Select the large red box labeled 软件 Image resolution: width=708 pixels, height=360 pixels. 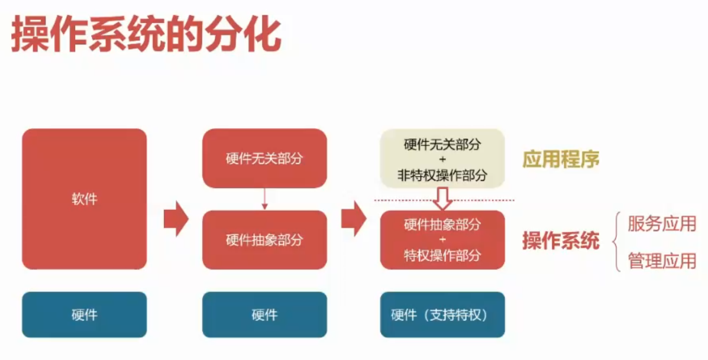pos(84,199)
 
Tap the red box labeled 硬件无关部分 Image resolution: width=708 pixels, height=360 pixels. pos(264,158)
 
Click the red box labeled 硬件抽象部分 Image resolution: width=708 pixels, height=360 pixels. pos(264,240)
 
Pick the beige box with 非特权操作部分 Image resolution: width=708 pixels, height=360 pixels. pos(442,158)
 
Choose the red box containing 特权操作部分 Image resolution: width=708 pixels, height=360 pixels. pos(442,240)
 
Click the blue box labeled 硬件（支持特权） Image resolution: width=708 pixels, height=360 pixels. pos(442,314)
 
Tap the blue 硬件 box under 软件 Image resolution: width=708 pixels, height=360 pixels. pos(84,314)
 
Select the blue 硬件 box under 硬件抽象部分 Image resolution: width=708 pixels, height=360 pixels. pos(264,314)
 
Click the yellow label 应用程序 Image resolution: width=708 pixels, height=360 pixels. pos(561,160)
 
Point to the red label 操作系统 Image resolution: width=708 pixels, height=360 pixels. pos(561,241)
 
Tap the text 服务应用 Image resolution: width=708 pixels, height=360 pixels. pos(662,224)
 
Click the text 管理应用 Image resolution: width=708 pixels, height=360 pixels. pos(662,261)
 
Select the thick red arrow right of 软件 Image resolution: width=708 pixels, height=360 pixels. pos(175,218)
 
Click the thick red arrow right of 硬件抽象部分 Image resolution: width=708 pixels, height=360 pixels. pos(353,218)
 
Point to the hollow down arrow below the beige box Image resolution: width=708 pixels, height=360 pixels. pos(442,199)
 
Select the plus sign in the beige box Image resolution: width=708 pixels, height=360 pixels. pos(442,160)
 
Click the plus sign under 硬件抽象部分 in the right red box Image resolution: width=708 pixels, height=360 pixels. pos(442,240)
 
